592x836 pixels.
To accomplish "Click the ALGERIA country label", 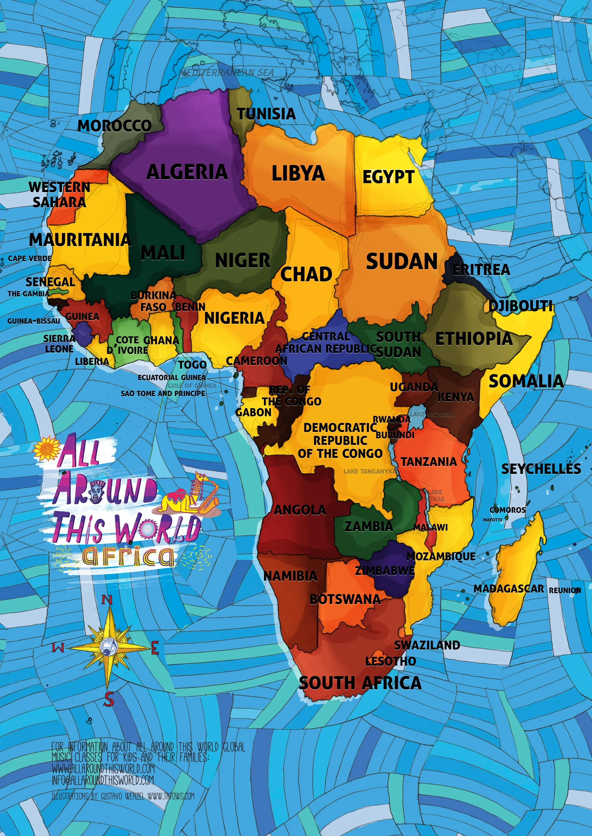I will point(187,172).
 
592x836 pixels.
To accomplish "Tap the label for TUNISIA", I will point(266,114).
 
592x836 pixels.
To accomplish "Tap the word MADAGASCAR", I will point(508,589).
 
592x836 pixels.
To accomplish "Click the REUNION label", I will point(565,591).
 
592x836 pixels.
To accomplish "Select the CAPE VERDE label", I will point(30,258).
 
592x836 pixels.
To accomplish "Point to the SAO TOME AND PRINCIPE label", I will point(163,394).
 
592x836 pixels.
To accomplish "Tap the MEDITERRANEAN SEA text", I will point(227,72).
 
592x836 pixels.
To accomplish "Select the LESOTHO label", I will point(390,661).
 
